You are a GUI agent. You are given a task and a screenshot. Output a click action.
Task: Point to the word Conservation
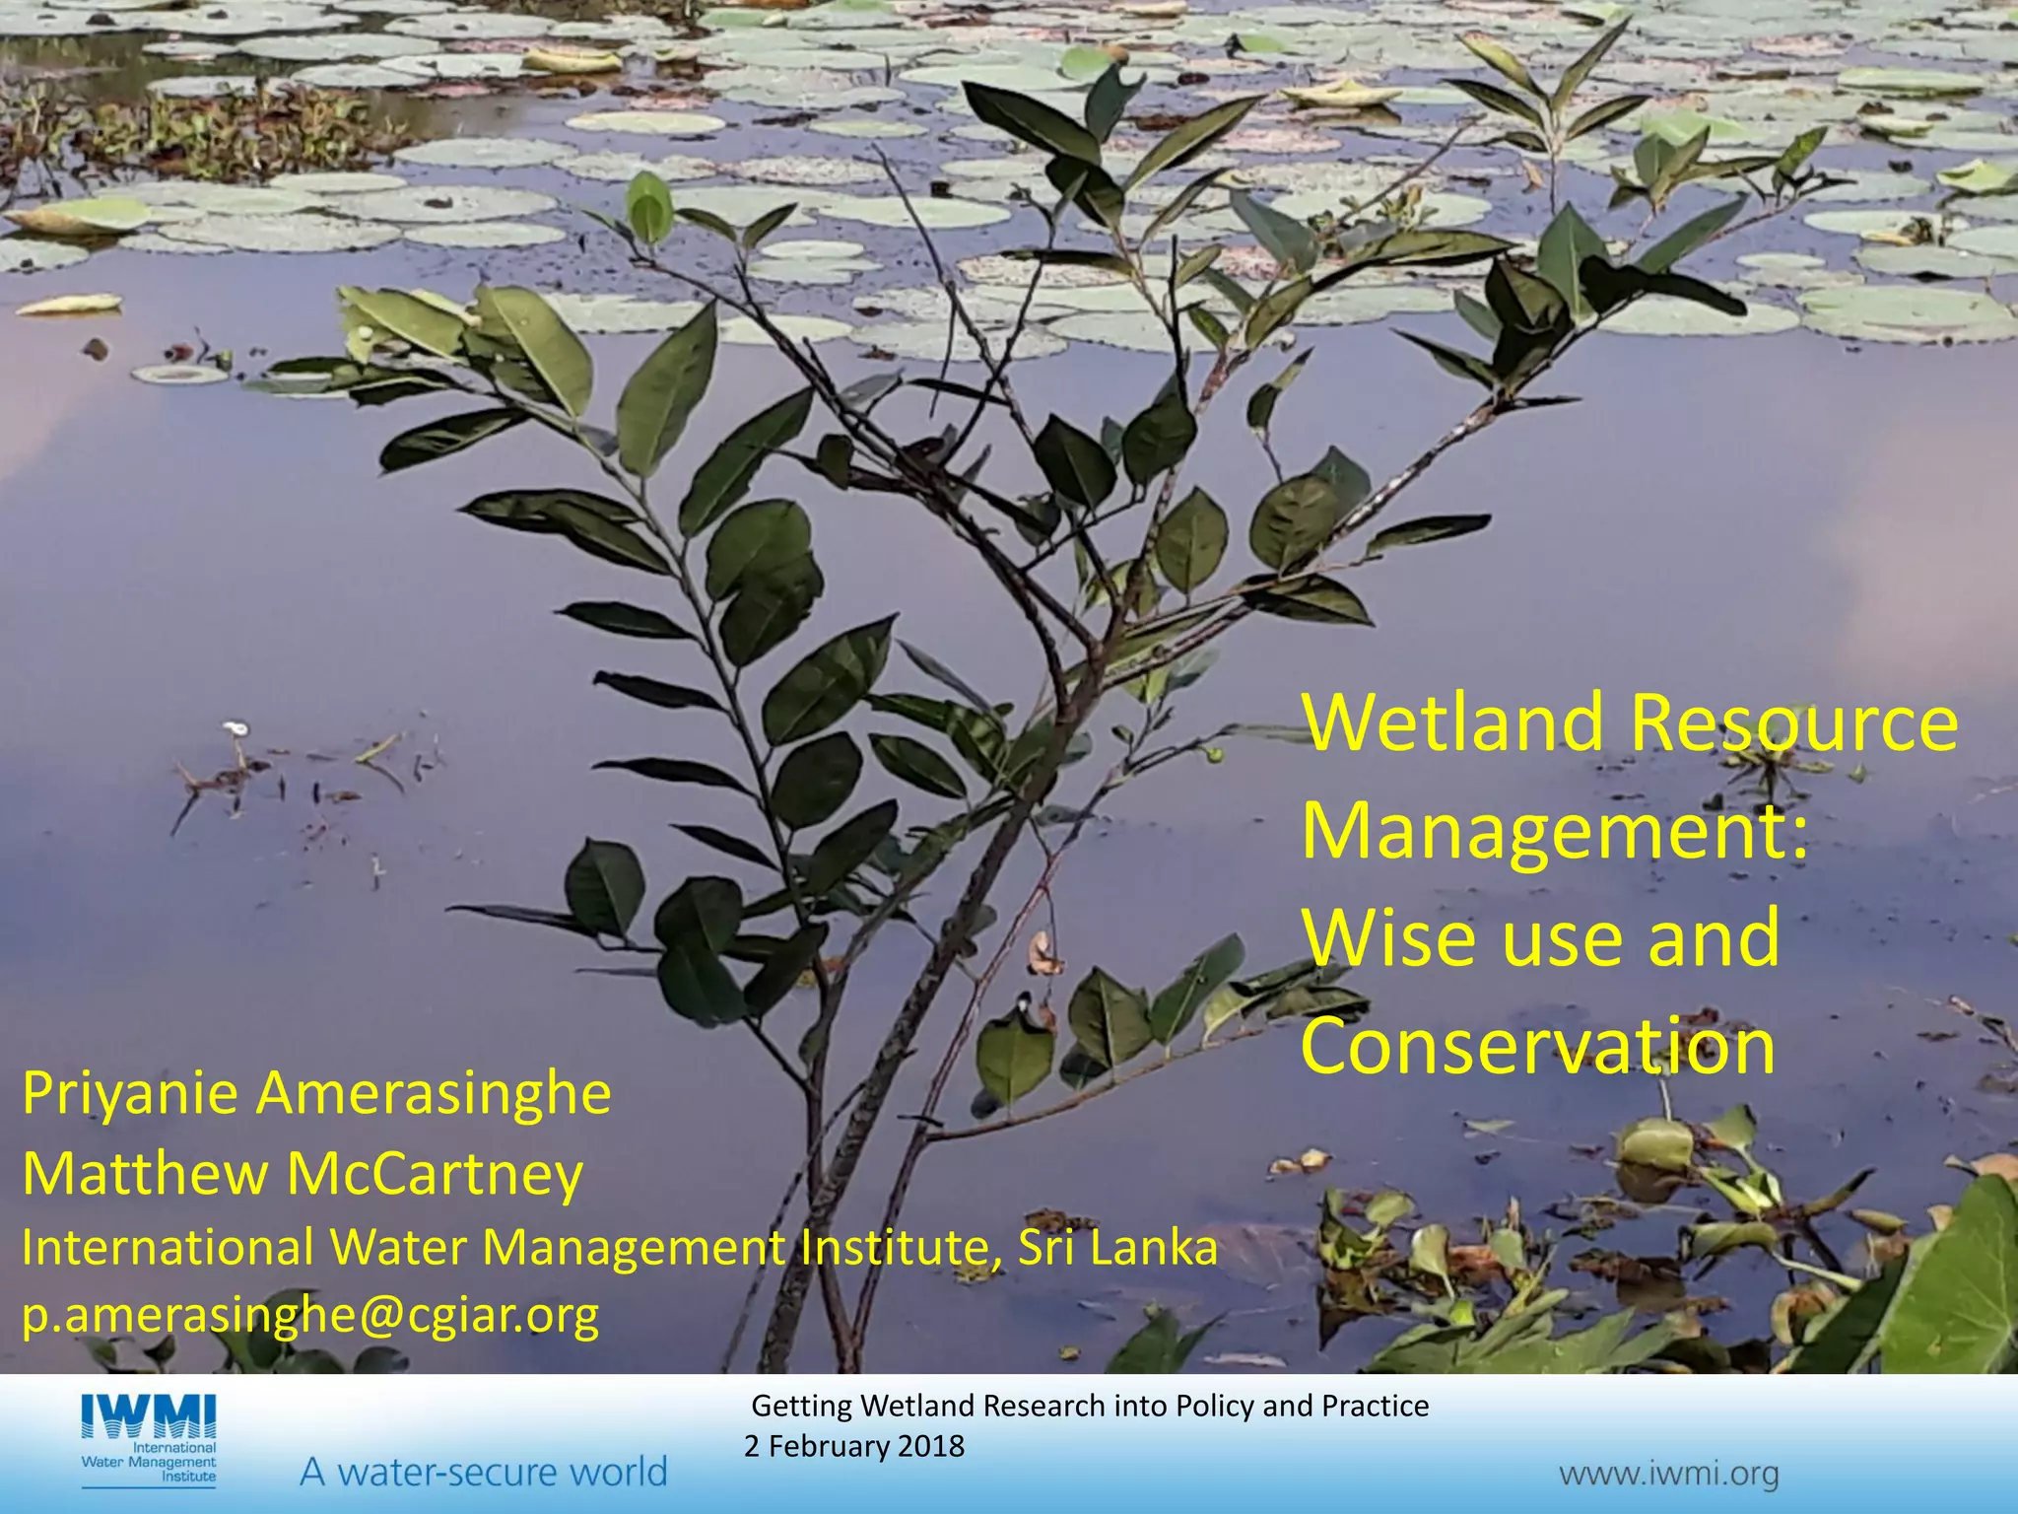pyautogui.click(x=1537, y=1047)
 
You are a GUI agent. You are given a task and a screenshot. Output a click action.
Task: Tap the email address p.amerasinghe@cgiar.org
pyautogui.click(x=310, y=1316)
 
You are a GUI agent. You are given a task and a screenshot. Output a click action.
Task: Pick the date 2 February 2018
pyautogui.click(x=854, y=1446)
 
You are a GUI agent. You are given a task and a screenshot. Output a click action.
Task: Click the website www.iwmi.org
pyautogui.click(x=1668, y=1475)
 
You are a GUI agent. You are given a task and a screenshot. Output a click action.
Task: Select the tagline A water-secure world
pyautogui.click(x=483, y=1472)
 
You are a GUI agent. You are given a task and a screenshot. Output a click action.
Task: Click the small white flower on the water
pyautogui.click(x=235, y=729)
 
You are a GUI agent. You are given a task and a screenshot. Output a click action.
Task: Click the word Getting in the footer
pyautogui.click(x=803, y=1407)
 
